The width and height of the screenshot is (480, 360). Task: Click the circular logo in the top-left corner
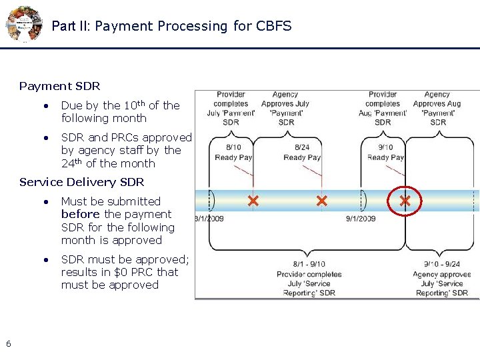[23, 24]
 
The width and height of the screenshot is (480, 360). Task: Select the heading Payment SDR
[59, 86]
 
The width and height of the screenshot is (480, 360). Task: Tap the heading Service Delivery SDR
[81, 182]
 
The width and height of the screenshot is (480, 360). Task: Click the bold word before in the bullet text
[81, 214]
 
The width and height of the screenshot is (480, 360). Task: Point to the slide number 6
[8, 343]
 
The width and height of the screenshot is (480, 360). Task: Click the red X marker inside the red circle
[405, 201]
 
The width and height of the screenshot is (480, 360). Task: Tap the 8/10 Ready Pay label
[233, 153]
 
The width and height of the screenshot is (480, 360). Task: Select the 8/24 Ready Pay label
[302, 153]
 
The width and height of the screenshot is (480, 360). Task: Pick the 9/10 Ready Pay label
[385, 153]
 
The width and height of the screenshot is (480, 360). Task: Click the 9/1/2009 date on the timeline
[361, 218]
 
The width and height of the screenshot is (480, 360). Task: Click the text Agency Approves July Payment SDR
[285, 108]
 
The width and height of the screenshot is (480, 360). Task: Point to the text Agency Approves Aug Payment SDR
[437, 108]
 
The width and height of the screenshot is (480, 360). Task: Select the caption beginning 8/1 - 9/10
[309, 279]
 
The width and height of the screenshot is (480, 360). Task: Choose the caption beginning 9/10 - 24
[441, 279]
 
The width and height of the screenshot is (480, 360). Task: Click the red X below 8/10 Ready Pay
[253, 201]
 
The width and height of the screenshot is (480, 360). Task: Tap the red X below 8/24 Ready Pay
[322, 201]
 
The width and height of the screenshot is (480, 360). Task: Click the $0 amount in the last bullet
[122, 272]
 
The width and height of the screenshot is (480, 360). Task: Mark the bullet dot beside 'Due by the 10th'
[45, 106]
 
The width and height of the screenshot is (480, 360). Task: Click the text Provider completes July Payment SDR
[231, 108]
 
